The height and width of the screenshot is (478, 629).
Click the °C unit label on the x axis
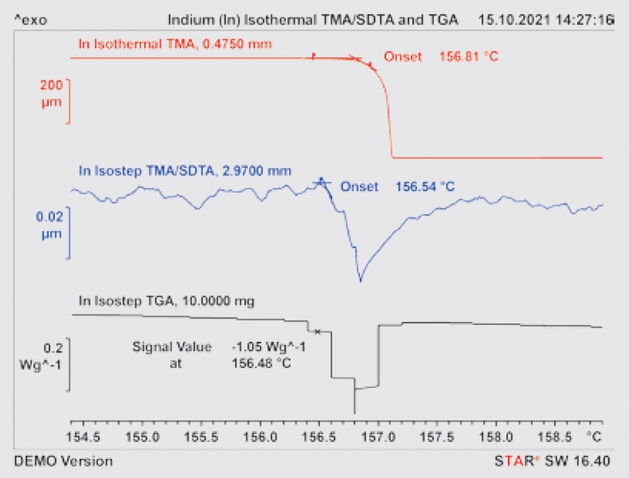(593, 437)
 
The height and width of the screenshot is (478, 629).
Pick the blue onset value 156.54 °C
(425, 186)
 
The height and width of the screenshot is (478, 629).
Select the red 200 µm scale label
(52, 91)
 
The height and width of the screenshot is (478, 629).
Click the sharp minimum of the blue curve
(361, 280)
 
